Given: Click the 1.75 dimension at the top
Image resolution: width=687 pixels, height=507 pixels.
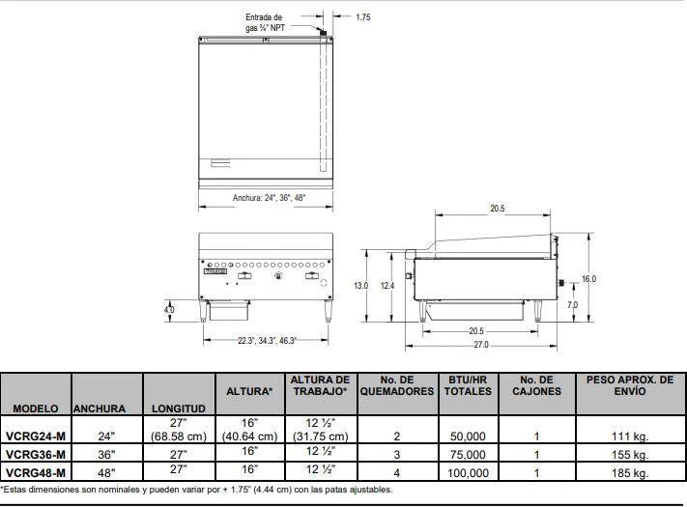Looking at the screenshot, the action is coord(362,17).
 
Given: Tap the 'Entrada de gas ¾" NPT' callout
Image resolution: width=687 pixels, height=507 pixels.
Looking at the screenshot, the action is coord(265,22).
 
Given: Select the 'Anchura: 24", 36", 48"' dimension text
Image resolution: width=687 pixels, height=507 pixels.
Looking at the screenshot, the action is coord(269,198).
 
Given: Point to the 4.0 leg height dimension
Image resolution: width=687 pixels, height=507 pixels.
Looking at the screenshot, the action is coord(169,310).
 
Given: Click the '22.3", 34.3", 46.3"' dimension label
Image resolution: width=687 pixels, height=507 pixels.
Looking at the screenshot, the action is coord(268,341).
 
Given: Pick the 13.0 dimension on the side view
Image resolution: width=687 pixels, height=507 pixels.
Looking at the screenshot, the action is coord(361,286).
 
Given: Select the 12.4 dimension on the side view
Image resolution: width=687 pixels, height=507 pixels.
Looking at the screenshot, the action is coord(387,286).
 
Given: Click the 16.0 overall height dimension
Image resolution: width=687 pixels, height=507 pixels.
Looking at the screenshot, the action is coord(588,279).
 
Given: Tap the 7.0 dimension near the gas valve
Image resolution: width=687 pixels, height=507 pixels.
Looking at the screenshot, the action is coord(572,305).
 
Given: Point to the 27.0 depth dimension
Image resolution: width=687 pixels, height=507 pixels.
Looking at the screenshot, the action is coord(480,345).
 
